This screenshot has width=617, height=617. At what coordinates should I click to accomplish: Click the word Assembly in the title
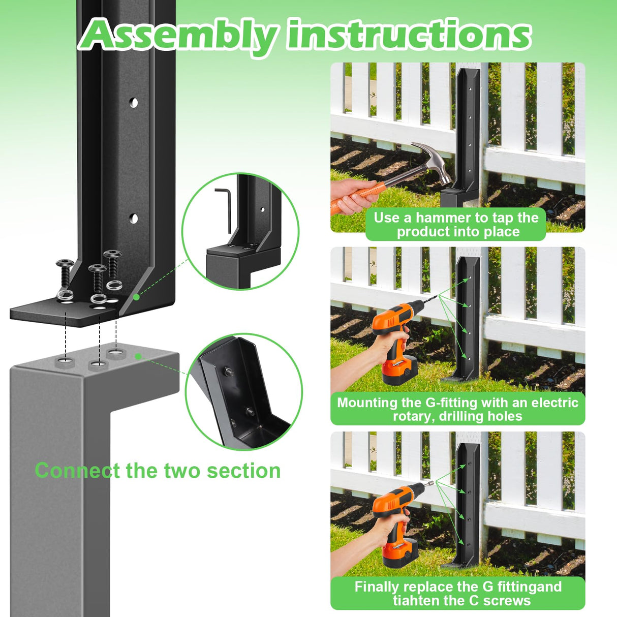point(178,36)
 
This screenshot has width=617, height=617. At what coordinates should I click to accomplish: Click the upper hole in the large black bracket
point(133,103)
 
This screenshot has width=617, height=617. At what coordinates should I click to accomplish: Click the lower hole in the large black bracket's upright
point(133,219)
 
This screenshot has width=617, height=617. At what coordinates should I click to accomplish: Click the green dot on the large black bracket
point(136,297)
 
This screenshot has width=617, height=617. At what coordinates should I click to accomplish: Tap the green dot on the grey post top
point(138,356)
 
